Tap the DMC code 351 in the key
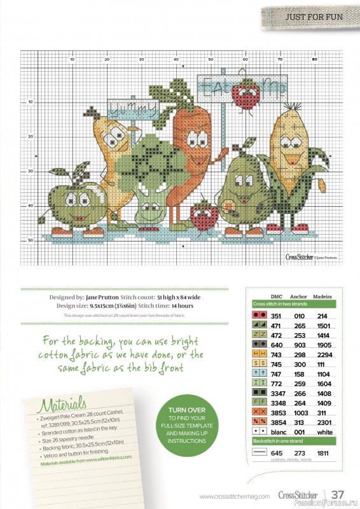click(x=277, y=315)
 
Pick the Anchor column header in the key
click(x=298, y=296)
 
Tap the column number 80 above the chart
click(x=314, y=59)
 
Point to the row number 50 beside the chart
click(x=30, y=240)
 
